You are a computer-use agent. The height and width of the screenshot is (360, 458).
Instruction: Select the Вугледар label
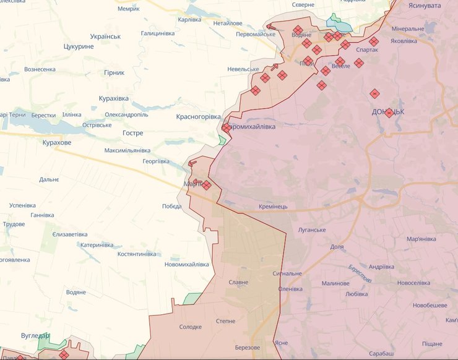coord(34,335)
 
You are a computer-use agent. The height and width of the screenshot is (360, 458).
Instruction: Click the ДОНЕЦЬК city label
coord(388,112)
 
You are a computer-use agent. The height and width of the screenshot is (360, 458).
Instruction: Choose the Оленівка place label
coord(290,289)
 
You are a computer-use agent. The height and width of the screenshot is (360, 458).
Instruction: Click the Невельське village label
coord(243,69)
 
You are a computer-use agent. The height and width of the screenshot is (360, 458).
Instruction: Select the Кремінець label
coord(273,206)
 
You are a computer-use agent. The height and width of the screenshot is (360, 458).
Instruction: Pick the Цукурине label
coord(79,46)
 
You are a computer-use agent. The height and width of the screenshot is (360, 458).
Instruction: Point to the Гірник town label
coord(114,72)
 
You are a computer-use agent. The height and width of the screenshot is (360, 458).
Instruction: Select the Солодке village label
coord(191,327)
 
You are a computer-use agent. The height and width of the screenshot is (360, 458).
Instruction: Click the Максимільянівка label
coord(127,150)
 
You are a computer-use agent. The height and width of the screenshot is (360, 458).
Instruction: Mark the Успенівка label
coord(22,205)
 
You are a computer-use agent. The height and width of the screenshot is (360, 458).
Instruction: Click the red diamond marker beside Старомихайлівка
coord(227,127)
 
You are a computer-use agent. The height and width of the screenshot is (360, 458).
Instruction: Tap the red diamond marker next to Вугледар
coord(64,354)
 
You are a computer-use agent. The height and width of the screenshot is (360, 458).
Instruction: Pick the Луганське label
coord(311,230)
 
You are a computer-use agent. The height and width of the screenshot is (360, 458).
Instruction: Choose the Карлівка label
coord(189,19)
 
